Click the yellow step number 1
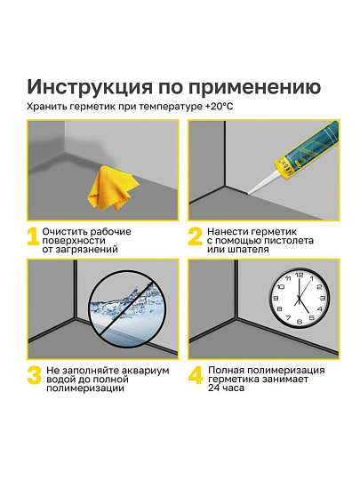pyautogui.click(x=32, y=237)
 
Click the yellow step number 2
pyautogui.click(x=195, y=237)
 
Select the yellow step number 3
pyautogui.click(x=34, y=375)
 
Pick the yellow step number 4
pyautogui.click(x=195, y=375)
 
